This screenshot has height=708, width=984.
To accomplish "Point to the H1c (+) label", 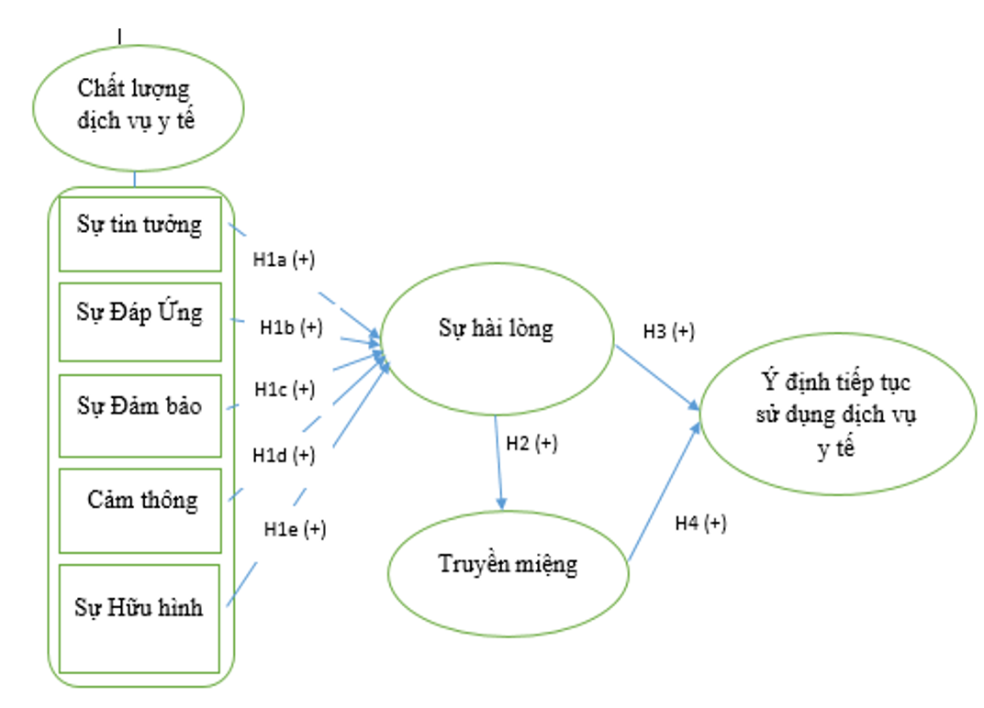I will pos(285,390).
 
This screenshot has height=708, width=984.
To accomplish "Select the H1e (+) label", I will pos(294,529).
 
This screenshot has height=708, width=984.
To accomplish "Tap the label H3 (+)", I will pos(669,331).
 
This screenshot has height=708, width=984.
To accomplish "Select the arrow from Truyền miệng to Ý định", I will pos(662,492).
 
